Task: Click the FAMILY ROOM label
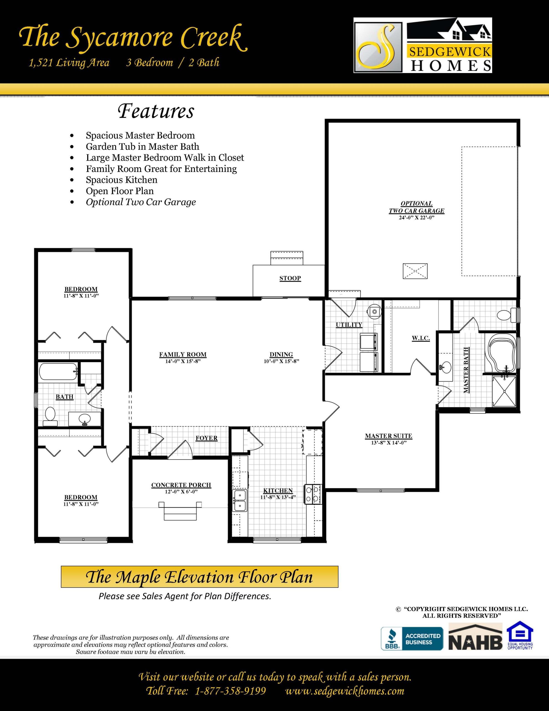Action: click(183, 354)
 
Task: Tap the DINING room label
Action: click(281, 354)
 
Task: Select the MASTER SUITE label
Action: click(389, 436)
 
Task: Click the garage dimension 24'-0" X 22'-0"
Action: click(417, 217)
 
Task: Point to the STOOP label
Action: click(290, 278)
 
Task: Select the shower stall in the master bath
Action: click(504, 391)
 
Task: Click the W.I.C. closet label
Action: click(420, 339)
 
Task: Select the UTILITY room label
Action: click(349, 325)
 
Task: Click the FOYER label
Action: click(206, 438)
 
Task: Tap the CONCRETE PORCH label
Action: click(181, 485)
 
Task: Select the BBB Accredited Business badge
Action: click(412, 639)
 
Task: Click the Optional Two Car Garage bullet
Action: click(141, 202)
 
